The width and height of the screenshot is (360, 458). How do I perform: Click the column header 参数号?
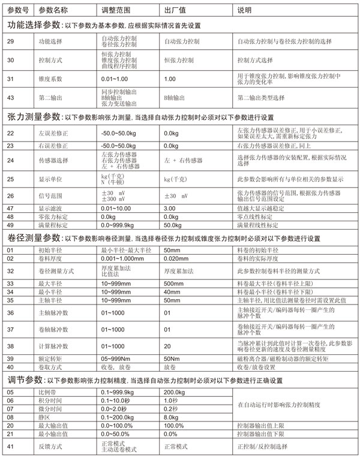coord(17,11)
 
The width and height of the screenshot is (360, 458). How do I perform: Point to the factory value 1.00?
coord(170,79)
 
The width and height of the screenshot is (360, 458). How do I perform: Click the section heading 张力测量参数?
coord(34,117)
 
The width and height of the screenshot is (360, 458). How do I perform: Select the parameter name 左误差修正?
coord(53,133)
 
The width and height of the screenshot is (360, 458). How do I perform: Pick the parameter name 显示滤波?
coord(50,208)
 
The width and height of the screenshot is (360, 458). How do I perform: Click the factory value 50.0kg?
coord(173,224)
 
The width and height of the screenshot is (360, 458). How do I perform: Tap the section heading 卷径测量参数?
coord(34,238)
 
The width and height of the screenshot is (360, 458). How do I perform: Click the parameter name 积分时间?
coord(50,400)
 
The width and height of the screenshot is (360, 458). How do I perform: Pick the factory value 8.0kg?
coord(172,417)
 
